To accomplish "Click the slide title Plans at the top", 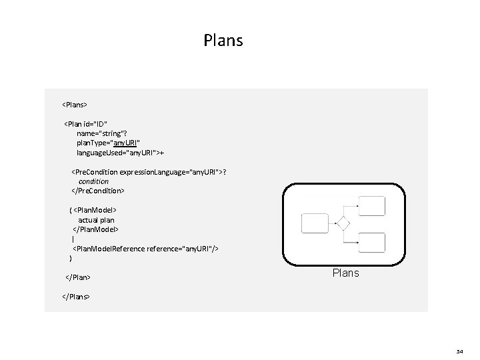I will coord(223,41).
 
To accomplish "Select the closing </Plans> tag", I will coord(76,295).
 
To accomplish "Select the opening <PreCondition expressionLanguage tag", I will coord(149,172).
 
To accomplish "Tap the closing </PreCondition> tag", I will coord(97,191).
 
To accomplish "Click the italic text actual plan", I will coord(96,219).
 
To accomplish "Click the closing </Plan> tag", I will coord(77,276).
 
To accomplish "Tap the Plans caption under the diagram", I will coord(345,273).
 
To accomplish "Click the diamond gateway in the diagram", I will coord(343,223).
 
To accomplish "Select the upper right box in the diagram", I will coord(372,205).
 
